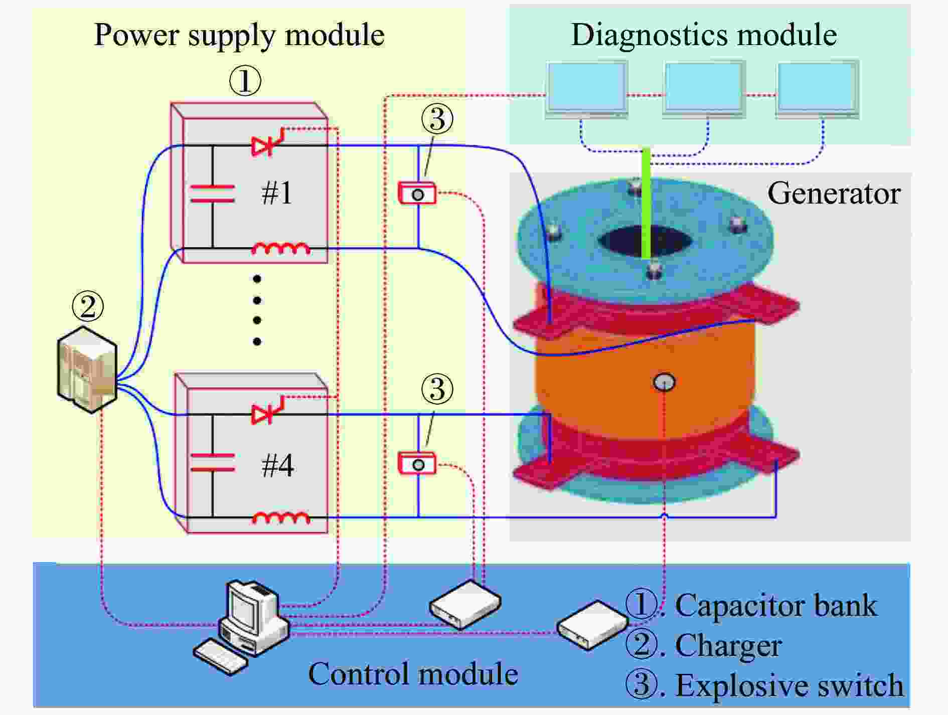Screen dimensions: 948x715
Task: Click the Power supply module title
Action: (x=239, y=35)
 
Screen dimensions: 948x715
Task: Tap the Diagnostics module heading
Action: (x=704, y=35)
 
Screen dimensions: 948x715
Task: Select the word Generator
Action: (x=834, y=194)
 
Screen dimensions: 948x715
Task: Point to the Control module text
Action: (x=413, y=674)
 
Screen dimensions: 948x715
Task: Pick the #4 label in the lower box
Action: (x=277, y=465)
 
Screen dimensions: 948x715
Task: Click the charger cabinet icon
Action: (x=87, y=370)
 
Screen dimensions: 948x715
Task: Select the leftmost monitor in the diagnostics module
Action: (x=586, y=90)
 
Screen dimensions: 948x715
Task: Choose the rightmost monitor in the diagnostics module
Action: (x=817, y=90)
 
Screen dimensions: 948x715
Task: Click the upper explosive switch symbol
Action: (x=417, y=193)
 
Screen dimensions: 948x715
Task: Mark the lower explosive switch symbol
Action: (x=417, y=463)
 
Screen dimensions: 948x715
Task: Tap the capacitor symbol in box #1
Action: (x=212, y=194)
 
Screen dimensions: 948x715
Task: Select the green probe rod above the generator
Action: (x=647, y=203)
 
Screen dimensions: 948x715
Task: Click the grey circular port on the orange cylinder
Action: (x=664, y=382)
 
